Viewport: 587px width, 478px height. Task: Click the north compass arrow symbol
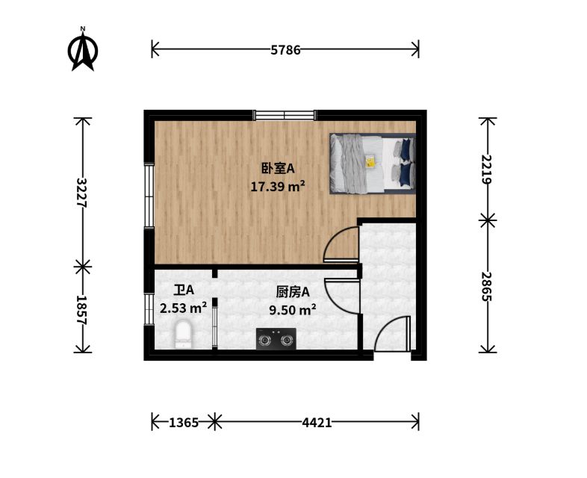(83, 49)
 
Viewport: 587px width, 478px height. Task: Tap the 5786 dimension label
(285, 50)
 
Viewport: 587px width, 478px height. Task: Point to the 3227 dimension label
(81, 193)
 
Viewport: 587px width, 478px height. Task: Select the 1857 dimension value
(81, 311)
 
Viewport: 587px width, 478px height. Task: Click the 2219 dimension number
(486, 169)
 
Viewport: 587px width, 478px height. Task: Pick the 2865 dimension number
(486, 287)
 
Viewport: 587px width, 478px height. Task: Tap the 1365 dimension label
(184, 423)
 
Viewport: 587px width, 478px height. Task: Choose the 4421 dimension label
(317, 423)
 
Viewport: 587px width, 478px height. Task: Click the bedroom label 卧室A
(278, 169)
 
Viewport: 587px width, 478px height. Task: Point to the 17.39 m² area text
(277, 186)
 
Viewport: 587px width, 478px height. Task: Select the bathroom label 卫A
(184, 290)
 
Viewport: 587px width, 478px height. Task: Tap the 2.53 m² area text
(184, 308)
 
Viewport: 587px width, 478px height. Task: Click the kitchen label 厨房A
(293, 292)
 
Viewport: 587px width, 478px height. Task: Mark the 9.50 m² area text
(293, 309)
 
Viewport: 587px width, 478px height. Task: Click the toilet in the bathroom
(184, 335)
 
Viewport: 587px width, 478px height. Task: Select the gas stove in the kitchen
(276, 339)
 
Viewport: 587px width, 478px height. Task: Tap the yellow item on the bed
(370, 162)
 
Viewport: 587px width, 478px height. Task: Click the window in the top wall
(285, 115)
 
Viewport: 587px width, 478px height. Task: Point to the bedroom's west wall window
(149, 196)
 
